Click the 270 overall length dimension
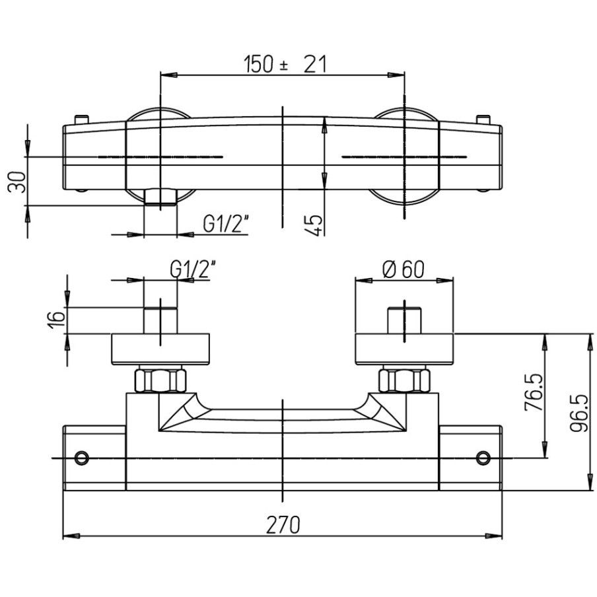point(283,525)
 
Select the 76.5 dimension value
point(534,392)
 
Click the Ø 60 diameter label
point(404,270)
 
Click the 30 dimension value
point(17,182)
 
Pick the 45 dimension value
point(314,225)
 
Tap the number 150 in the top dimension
point(258,64)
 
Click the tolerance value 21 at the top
point(315,64)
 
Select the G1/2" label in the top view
point(225,223)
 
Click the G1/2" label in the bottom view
point(193,269)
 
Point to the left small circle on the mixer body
point(81,457)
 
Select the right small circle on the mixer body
point(483,457)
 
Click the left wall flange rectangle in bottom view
point(160,349)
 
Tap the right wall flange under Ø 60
point(404,349)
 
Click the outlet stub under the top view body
point(160,197)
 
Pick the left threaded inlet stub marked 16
point(160,320)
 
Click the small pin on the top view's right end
point(483,120)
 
